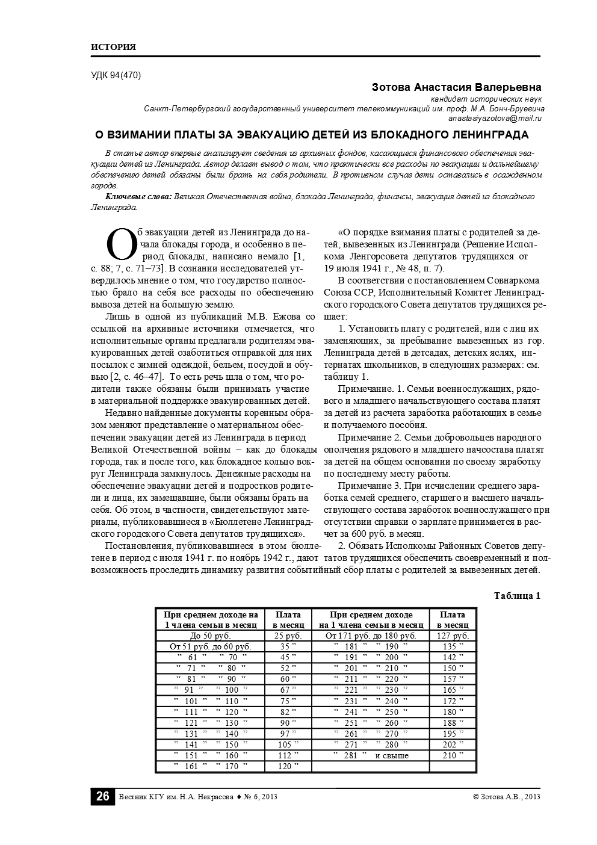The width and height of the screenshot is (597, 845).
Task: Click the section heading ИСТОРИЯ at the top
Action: (x=113, y=47)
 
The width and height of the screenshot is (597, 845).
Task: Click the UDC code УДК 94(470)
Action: (x=116, y=75)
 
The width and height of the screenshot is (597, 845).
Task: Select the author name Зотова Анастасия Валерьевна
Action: (x=457, y=87)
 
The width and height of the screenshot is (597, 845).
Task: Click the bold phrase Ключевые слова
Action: (x=138, y=197)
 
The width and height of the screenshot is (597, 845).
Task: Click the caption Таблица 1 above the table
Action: (x=517, y=596)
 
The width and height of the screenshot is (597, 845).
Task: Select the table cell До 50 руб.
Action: (x=211, y=636)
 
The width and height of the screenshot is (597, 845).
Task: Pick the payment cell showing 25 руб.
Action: (x=288, y=636)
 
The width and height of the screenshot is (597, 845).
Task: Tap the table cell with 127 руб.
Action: (x=453, y=636)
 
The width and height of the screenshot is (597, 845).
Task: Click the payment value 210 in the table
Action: (x=453, y=755)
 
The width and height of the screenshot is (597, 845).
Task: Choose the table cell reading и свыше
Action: (x=392, y=755)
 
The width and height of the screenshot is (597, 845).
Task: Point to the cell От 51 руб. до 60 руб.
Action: (x=211, y=647)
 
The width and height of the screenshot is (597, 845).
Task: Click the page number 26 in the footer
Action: (x=102, y=796)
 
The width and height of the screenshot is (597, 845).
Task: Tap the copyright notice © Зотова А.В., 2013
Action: (x=507, y=797)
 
